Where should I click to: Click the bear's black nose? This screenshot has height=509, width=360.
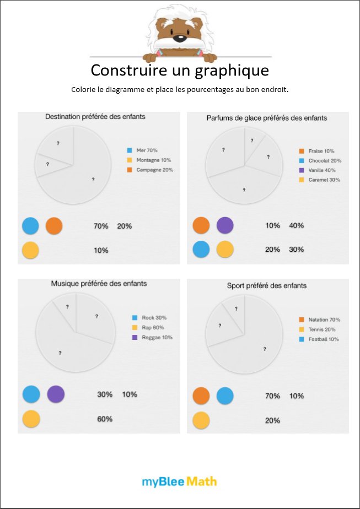tap(179, 39)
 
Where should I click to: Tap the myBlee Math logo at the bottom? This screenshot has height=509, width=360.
tap(180, 481)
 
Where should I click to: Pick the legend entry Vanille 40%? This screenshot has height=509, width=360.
tap(320, 170)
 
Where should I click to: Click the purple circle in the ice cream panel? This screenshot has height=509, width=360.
tap(225, 225)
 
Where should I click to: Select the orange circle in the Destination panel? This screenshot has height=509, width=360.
tap(54, 226)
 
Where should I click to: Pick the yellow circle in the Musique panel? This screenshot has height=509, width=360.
tap(31, 419)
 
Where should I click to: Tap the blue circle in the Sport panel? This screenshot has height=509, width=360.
tap(225, 396)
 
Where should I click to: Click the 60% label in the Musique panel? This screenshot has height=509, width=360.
tap(105, 419)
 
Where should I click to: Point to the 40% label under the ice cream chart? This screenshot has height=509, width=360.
tap(297, 225)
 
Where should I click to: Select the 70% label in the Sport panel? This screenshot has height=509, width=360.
tap(273, 396)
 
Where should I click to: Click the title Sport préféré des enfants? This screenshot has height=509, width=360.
tap(267, 286)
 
